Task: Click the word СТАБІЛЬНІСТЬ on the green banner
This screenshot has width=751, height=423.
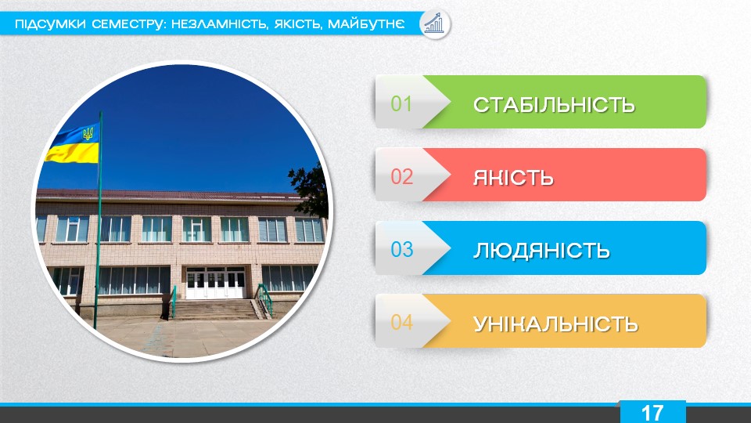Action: point(554,104)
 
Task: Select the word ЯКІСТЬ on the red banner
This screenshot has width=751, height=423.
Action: point(513,178)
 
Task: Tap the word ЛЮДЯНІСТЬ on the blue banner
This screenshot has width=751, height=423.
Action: point(541,251)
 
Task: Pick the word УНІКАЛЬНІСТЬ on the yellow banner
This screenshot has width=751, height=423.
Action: point(555,324)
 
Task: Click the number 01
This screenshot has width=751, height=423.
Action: point(401,103)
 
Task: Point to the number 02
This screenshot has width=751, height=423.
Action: point(401,176)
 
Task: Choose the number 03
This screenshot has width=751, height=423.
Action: point(401,249)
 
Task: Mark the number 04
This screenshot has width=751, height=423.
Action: point(401,322)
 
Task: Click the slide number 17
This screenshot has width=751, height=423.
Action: point(652,413)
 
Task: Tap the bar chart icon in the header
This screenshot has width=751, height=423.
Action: point(434,23)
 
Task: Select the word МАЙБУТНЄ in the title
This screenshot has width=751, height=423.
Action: point(366,23)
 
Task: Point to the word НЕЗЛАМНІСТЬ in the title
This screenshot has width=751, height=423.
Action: point(220,23)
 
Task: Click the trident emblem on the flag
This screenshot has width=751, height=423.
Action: point(88,133)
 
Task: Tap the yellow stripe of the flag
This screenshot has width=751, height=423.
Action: point(72,153)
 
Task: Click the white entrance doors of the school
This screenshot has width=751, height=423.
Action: point(216,283)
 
